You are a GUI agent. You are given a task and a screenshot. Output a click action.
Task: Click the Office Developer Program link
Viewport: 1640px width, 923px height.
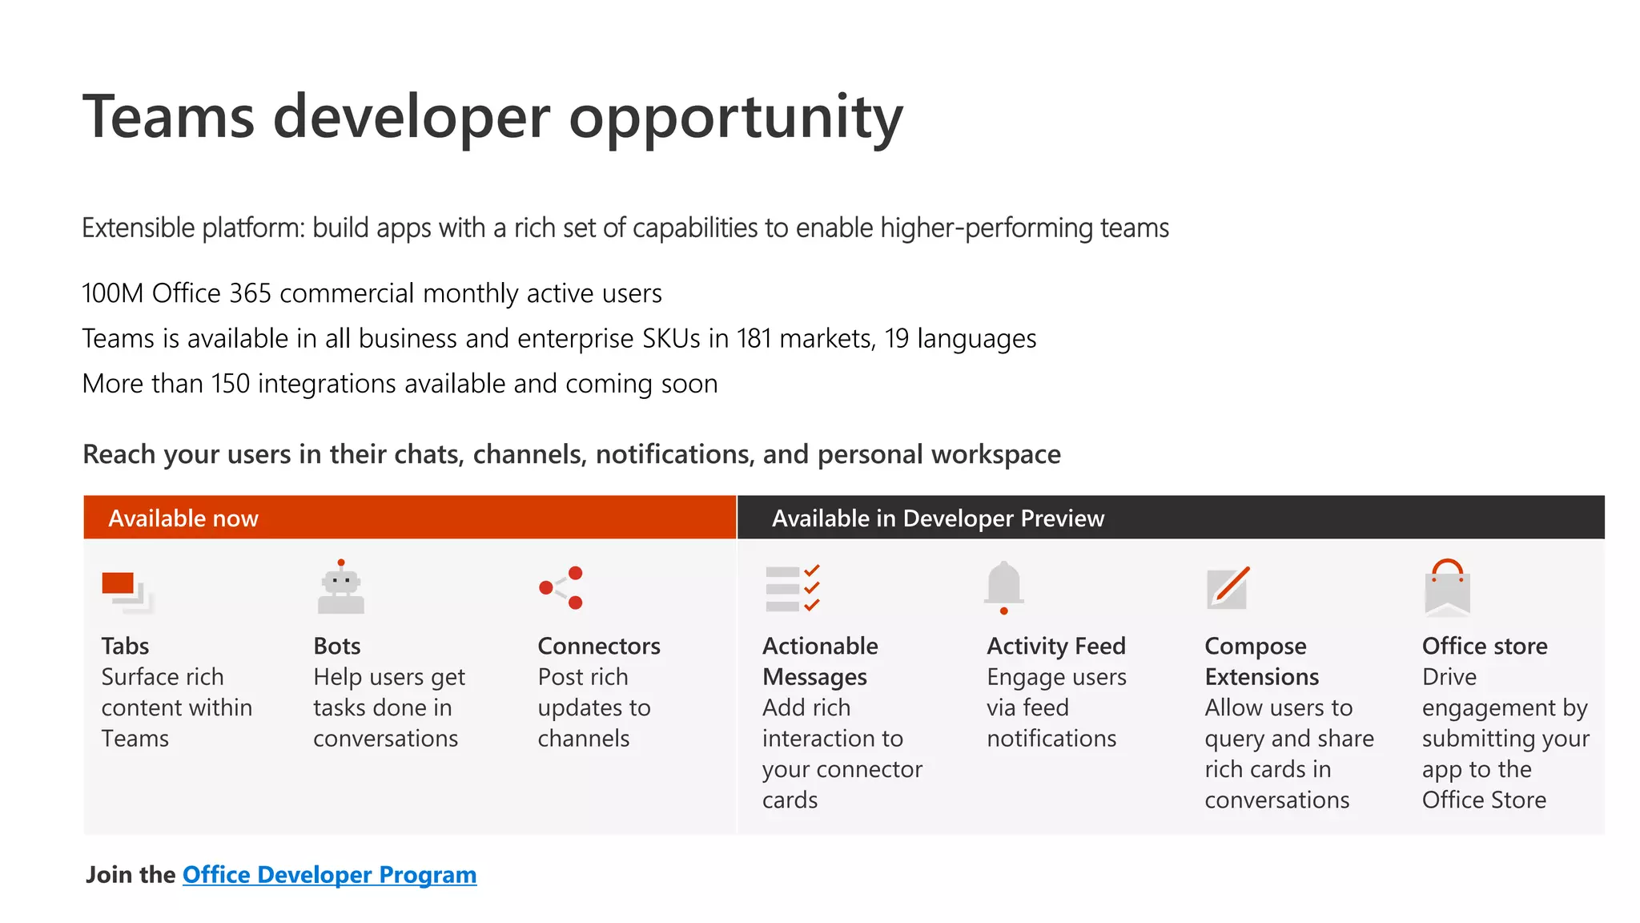[x=329, y=874]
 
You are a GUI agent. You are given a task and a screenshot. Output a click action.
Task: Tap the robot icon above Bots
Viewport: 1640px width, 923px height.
[x=341, y=588]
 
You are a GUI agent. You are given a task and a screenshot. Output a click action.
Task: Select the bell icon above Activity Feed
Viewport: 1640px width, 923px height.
[x=1003, y=586]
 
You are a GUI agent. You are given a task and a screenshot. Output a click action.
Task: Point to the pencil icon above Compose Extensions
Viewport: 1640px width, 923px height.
[x=1228, y=588]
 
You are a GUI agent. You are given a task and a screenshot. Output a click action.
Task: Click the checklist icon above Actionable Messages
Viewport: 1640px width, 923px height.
[x=792, y=588]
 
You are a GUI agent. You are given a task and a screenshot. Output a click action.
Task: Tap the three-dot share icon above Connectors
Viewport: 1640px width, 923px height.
[x=561, y=588]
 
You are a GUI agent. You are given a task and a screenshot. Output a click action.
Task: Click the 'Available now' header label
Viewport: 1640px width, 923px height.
[x=183, y=518]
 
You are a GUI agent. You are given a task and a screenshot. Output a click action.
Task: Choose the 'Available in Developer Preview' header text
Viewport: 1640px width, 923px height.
[x=938, y=518]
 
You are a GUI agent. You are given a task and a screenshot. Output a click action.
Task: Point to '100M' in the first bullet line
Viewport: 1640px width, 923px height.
[x=112, y=293]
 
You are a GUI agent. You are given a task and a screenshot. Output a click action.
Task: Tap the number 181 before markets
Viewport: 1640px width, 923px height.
[x=754, y=339]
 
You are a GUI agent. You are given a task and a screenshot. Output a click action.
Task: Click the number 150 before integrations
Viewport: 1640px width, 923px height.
[x=231, y=384]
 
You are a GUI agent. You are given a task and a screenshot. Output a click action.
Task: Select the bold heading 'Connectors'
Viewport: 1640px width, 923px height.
[x=599, y=646]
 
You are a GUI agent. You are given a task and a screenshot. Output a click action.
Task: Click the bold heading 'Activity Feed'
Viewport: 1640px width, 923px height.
[x=1056, y=646]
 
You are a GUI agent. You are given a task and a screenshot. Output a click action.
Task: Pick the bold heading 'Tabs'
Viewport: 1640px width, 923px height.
[x=125, y=646]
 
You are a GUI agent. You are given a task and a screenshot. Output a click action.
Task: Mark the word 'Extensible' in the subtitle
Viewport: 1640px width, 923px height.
[x=138, y=228]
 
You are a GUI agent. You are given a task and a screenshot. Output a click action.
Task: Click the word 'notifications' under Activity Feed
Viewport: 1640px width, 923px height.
[x=1051, y=738]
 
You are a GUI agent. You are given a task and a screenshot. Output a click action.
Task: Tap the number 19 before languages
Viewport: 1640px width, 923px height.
[x=896, y=339]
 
